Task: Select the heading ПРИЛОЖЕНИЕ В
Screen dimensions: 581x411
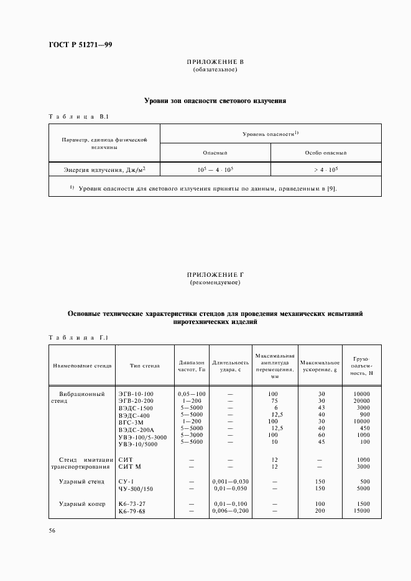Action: click(x=215, y=63)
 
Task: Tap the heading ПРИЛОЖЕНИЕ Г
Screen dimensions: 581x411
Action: click(x=215, y=275)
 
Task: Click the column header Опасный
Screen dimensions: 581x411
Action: click(x=215, y=152)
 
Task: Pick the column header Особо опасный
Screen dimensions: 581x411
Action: click(x=326, y=152)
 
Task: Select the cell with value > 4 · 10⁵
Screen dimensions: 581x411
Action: click(x=326, y=169)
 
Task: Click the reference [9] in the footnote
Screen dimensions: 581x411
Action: click(x=331, y=188)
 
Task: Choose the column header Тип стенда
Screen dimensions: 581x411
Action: click(x=145, y=366)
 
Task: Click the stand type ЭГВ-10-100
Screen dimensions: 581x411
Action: click(x=136, y=394)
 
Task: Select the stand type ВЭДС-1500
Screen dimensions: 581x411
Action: click(x=136, y=408)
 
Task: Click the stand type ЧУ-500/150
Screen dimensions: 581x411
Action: click(x=136, y=489)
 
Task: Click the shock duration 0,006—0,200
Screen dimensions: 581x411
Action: click(x=230, y=511)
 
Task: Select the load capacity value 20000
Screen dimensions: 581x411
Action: click(x=361, y=401)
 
